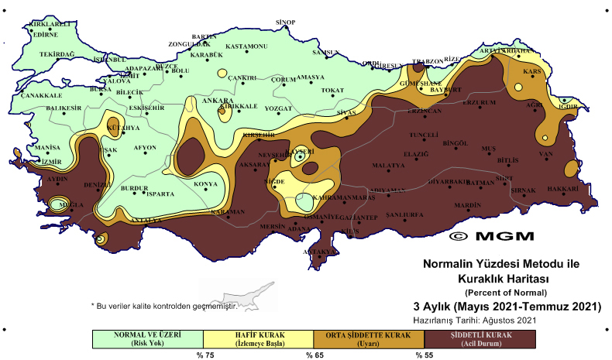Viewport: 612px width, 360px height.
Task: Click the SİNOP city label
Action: point(286,22)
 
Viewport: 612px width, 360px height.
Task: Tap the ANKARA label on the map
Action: point(218,101)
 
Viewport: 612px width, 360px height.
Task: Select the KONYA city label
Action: point(205,183)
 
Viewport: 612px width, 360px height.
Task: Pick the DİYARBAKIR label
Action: point(449,181)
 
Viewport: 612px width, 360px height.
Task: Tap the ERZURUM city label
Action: point(478,102)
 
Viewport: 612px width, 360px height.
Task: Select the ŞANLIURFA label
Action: point(404,214)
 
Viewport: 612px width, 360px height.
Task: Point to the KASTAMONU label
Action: point(246,46)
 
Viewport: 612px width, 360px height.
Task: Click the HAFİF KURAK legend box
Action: point(258,339)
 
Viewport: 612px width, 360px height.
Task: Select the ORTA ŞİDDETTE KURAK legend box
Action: point(369,339)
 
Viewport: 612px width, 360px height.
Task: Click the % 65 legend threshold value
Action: point(314,355)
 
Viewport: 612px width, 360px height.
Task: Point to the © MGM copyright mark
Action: point(495,236)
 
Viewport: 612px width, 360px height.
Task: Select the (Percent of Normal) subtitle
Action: point(506,292)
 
